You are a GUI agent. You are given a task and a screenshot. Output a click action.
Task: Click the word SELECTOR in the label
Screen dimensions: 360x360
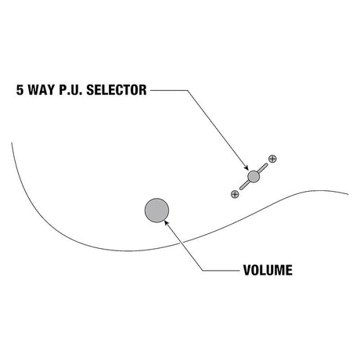tap(117, 90)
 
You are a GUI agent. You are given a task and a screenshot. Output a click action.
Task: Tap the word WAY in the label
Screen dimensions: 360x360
tap(40, 90)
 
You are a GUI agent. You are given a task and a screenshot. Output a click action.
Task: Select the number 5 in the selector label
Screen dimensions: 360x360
tap(20, 90)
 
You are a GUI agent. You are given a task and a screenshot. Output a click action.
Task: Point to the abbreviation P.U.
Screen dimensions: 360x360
tap(70, 90)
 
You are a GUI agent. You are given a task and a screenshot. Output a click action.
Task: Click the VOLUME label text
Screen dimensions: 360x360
tap(268, 270)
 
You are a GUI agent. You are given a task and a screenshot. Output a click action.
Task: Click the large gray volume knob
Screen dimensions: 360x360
tap(157, 211)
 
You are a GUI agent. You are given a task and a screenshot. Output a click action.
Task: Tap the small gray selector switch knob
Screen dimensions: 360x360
tap(254, 177)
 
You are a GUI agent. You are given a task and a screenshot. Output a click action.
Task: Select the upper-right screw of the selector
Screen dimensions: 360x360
tap(272, 159)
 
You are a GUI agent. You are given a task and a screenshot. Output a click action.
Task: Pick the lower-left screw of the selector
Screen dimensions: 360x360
tap(235, 194)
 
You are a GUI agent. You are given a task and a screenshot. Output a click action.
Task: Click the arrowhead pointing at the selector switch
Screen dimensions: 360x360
tap(246, 168)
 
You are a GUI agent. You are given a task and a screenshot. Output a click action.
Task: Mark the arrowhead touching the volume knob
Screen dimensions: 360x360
tap(166, 223)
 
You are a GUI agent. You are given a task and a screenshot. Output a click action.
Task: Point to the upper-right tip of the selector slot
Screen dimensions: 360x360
tap(266, 164)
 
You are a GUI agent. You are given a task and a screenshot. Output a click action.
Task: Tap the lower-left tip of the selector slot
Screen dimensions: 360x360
tap(241, 189)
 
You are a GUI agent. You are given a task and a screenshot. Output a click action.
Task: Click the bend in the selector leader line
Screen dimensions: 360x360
tap(188, 90)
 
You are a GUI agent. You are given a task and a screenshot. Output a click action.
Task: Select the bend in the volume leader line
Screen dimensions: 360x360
tap(203, 271)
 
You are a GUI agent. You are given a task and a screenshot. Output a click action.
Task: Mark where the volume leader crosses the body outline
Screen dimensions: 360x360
tap(180, 243)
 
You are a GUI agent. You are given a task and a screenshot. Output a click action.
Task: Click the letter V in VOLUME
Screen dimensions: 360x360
tap(247, 270)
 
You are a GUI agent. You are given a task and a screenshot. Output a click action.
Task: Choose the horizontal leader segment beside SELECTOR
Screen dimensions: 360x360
tap(169, 90)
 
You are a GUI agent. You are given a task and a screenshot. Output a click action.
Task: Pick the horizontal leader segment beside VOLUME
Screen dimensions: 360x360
tap(221, 271)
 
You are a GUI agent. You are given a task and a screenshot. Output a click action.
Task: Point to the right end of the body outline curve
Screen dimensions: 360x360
tap(347, 194)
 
